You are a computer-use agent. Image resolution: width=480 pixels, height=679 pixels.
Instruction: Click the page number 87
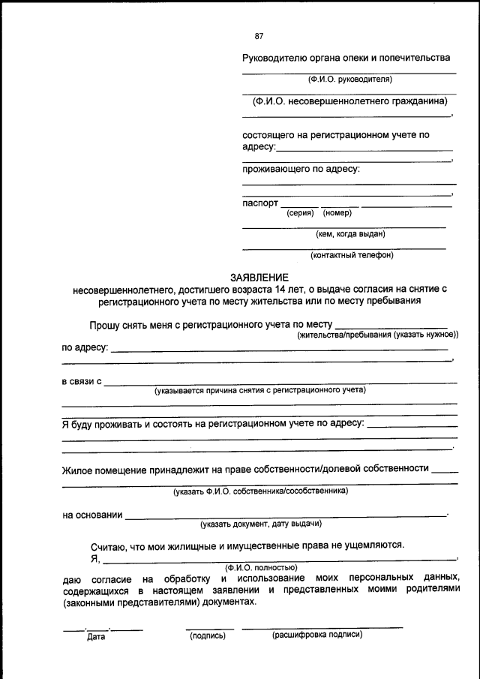(259, 36)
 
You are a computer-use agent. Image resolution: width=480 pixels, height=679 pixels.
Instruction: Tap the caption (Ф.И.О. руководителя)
(349, 79)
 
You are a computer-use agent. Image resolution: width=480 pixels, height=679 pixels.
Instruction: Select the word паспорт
(260, 203)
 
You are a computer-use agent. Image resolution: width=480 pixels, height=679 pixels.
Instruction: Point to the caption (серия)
(300, 213)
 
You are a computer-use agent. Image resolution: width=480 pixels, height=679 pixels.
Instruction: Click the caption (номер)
(337, 213)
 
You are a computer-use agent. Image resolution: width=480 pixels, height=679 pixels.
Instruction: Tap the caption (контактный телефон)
(351, 255)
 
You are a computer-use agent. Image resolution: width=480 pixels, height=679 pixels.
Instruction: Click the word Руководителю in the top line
(274, 58)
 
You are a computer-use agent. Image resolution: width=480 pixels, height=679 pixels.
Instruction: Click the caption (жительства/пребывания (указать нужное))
(377, 335)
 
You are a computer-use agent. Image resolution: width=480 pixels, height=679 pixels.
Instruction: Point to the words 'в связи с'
(82, 382)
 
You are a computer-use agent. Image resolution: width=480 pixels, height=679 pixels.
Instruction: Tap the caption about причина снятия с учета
(259, 391)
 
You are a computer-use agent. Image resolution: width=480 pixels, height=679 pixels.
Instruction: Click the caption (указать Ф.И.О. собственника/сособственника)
(259, 492)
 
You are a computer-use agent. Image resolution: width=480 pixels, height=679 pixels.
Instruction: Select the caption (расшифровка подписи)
(317, 635)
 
